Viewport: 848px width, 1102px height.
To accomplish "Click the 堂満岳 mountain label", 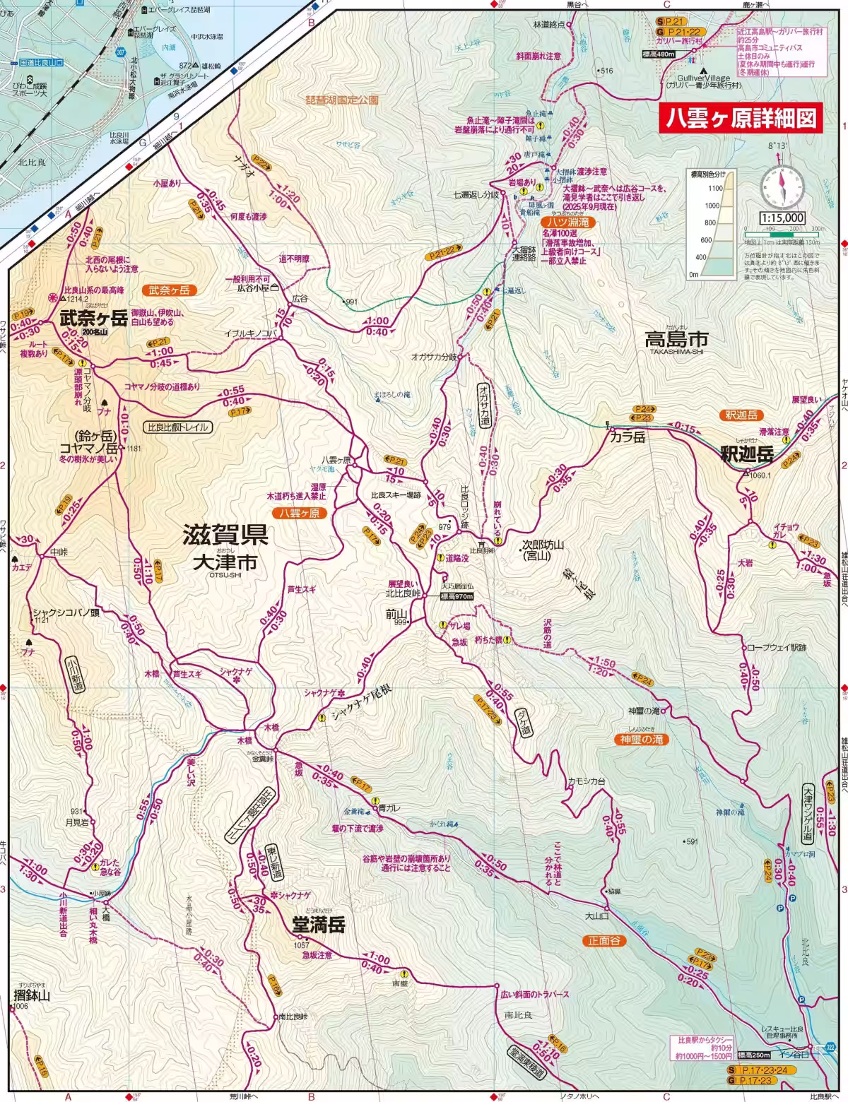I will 319,925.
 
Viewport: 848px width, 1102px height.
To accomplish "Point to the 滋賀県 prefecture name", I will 225,535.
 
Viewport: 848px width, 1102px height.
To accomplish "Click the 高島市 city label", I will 676,340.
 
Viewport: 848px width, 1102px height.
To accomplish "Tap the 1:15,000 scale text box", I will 782,218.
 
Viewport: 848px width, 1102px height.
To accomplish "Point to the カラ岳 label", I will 628,437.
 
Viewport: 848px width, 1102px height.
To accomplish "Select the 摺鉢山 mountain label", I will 33,995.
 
